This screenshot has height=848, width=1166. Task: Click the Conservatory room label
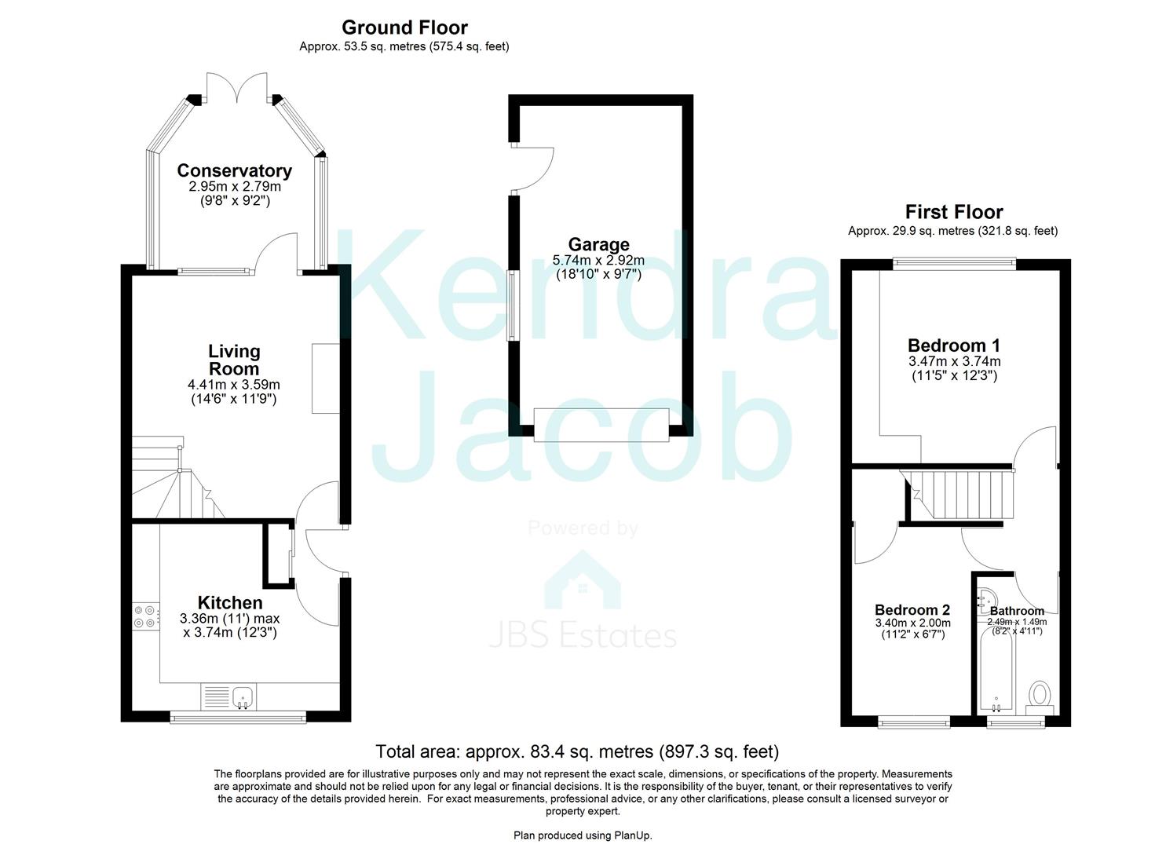[x=234, y=170]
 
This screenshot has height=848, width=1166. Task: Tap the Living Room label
[x=234, y=360]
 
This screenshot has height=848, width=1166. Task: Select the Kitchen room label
[x=229, y=602]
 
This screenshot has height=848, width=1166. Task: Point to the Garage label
[x=599, y=244]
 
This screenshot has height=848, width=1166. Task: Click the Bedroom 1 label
[x=954, y=345]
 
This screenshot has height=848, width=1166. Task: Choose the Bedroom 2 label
[x=912, y=609]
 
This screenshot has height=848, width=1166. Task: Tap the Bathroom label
[x=1017, y=610]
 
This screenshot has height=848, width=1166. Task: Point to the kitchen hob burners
[x=144, y=616]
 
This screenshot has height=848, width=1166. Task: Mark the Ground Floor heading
[x=404, y=27]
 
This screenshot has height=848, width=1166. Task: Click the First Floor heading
[x=953, y=212]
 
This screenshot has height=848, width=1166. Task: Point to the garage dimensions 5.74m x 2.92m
[x=598, y=261]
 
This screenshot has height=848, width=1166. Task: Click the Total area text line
[x=577, y=751]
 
